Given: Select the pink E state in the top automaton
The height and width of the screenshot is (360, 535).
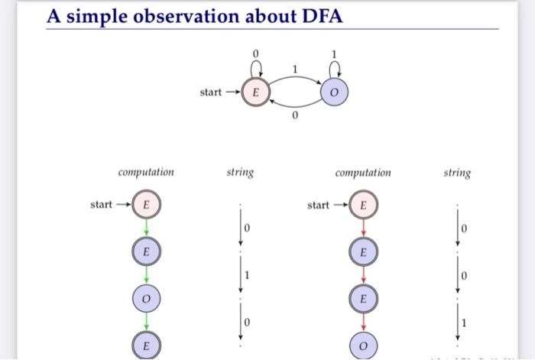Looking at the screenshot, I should pyautogui.click(x=255, y=92).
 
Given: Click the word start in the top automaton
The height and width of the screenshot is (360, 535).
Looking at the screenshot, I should pyautogui.click(x=211, y=92).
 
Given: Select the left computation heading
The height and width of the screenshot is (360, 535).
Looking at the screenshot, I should pyautogui.click(x=145, y=172).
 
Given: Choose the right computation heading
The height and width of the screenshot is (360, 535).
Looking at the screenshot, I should pyautogui.click(x=363, y=172).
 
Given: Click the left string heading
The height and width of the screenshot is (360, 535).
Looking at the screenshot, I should pyautogui.click(x=240, y=172).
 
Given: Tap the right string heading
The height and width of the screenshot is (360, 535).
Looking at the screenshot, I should pyautogui.click(x=457, y=172).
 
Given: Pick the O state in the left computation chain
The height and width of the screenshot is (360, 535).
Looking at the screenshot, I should pyautogui.click(x=145, y=298).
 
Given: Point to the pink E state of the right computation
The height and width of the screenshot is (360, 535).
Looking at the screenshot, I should pyautogui.click(x=364, y=205).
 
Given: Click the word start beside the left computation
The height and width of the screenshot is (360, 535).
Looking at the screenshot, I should pyautogui.click(x=101, y=205).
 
